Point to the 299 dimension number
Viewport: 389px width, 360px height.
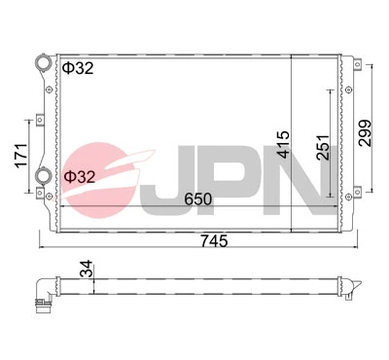click(x=365, y=130)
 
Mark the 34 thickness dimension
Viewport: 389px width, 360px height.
click(x=88, y=270)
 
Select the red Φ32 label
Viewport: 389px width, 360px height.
click(x=81, y=177)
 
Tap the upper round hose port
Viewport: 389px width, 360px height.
click(x=42, y=64)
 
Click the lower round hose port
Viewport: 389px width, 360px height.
click(x=43, y=176)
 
